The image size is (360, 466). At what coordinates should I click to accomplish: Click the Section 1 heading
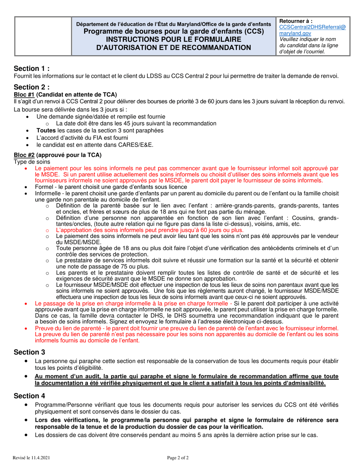click(31, 69)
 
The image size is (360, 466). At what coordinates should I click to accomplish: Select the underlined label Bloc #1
click(24, 94)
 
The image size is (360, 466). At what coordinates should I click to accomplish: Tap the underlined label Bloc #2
click(24, 155)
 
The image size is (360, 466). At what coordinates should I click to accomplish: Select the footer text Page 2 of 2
click(178, 458)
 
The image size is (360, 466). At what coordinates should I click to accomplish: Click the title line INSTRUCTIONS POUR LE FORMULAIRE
click(174, 39)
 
